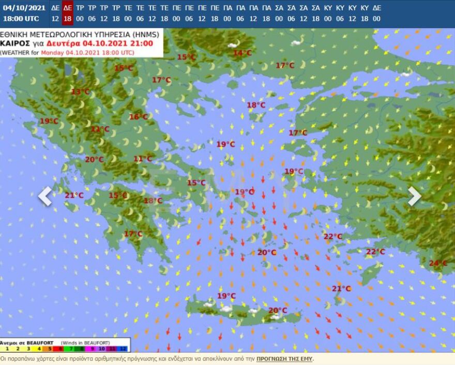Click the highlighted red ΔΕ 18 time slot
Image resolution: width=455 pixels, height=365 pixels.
click(67, 13)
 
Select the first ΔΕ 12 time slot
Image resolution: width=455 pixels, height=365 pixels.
click(55, 13)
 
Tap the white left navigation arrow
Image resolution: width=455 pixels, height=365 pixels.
click(45, 196)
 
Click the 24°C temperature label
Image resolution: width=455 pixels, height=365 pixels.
click(438, 263)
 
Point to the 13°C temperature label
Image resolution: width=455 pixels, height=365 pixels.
click(80, 92)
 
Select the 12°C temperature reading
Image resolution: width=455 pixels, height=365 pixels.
click(100, 129)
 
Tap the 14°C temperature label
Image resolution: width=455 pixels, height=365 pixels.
click(242, 53)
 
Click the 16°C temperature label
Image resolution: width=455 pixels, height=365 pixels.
click(138, 117)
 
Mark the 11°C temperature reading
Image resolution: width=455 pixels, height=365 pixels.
click(143, 159)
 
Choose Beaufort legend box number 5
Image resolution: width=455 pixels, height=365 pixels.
click(50, 349)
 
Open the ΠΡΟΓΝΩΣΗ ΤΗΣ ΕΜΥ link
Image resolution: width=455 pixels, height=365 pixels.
click(284, 359)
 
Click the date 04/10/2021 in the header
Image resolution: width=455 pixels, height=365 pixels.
click(24, 8)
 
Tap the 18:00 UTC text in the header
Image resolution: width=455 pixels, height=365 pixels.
click(21, 19)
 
